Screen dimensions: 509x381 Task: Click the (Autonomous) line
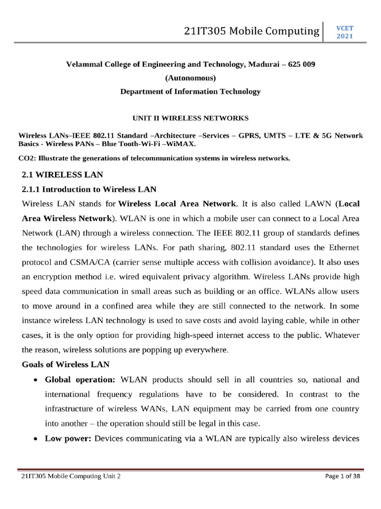(190, 78)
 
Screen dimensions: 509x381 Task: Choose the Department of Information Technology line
(190, 91)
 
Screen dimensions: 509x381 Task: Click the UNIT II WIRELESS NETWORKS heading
(190, 118)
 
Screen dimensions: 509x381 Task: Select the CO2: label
(27, 159)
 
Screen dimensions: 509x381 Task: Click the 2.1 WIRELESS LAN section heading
(63, 174)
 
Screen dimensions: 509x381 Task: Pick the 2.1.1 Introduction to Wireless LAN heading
(89, 189)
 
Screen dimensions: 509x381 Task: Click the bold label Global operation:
(80, 380)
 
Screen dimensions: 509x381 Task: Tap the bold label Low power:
(68, 439)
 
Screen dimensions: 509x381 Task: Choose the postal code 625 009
(299, 65)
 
